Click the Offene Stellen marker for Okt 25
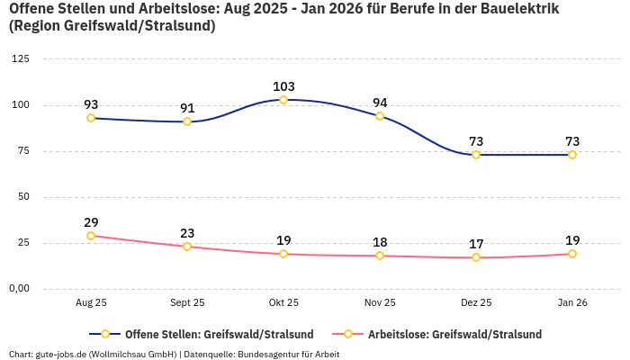pos(283,100)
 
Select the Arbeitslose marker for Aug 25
pos(91,236)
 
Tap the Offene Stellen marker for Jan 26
pos(572,155)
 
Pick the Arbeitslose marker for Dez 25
pos(476,257)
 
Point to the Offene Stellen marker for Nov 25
pos(380,116)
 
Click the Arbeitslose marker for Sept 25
pos(187,247)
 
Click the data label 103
pos(283,86)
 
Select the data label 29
pos(91,222)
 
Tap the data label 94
pos(380,103)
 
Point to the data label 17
pos(476,244)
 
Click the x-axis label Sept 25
pos(187,303)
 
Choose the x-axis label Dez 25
pos(476,303)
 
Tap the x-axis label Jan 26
pos(572,303)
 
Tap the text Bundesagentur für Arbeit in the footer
pos(288,354)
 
